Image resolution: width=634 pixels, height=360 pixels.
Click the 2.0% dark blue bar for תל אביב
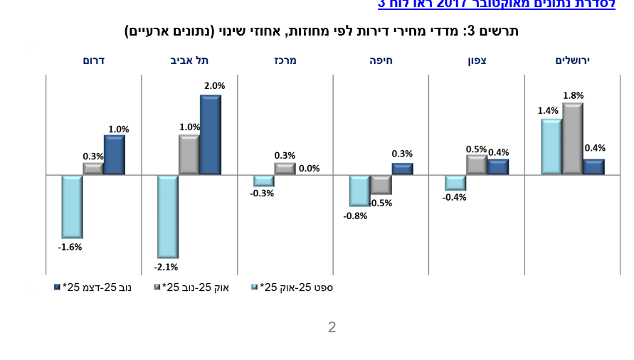(x=211, y=134)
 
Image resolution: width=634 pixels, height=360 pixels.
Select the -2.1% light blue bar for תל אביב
(x=168, y=216)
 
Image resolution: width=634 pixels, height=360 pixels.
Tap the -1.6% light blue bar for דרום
(x=72, y=206)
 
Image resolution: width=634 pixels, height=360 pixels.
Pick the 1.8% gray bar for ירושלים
(x=573, y=139)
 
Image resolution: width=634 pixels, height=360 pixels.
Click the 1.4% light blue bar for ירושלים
(x=551, y=147)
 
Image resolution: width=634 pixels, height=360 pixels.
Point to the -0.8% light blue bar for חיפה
(x=359, y=191)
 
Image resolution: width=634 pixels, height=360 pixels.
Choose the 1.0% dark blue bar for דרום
(x=115, y=155)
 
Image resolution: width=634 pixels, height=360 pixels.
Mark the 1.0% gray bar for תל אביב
(x=189, y=155)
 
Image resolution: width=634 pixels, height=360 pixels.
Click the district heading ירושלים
(x=573, y=60)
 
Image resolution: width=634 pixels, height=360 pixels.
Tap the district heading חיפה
(x=381, y=60)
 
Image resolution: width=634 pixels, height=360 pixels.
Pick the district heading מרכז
(x=285, y=60)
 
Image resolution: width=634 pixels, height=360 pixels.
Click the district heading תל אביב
(x=189, y=60)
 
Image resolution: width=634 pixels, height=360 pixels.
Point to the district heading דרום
(x=94, y=60)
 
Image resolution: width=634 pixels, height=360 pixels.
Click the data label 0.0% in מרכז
(x=310, y=169)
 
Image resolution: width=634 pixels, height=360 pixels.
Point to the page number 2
(x=332, y=327)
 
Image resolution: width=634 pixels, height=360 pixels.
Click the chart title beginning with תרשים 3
(x=322, y=31)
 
